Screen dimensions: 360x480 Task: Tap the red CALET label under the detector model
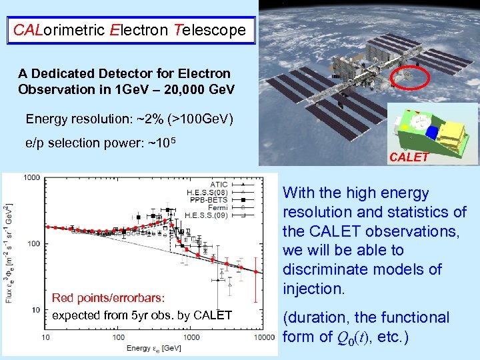[410, 157]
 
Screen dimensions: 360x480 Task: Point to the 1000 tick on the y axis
[31, 178]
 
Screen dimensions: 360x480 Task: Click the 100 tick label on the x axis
[118, 338]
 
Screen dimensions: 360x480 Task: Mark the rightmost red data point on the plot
[256, 271]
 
